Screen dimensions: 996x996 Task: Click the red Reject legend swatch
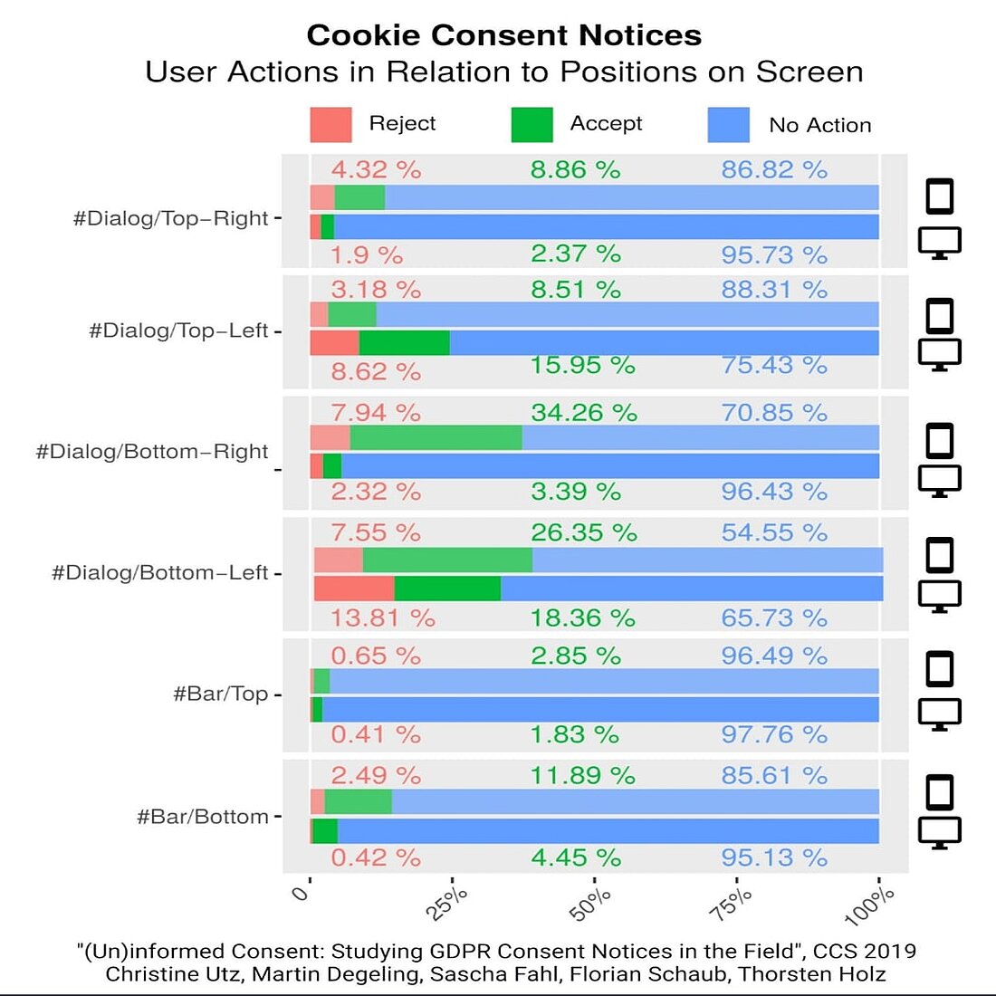point(330,125)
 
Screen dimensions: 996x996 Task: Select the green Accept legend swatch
point(532,125)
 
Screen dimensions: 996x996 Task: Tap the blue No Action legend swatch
point(728,125)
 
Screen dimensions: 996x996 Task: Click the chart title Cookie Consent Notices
point(503,35)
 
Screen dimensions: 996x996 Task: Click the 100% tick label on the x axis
point(871,905)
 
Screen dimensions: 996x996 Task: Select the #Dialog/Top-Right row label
point(171,218)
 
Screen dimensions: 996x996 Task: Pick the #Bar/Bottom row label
point(203,817)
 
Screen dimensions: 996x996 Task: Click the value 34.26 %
point(583,413)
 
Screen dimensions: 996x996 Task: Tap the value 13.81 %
point(382,618)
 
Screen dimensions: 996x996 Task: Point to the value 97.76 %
point(774,734)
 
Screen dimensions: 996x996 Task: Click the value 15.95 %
point(582,366)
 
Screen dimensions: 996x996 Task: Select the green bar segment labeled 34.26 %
point(436,438)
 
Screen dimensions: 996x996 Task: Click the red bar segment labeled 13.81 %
point(354,589)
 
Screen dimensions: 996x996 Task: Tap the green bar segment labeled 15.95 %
point(404,343)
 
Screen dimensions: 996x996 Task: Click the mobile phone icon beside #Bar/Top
point(940,669)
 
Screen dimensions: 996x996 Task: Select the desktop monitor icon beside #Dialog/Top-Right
point(940,243)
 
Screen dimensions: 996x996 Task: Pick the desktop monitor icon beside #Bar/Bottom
point(940,831)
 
